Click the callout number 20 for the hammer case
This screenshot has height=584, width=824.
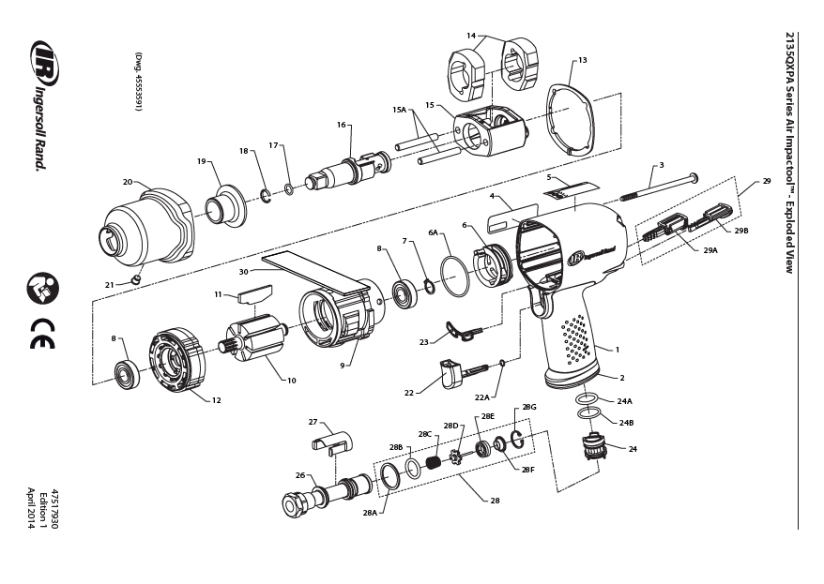click(x=128, y=182)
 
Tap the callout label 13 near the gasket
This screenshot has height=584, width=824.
click(x=582, y=60)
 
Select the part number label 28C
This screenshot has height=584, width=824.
click(x=424, y=434)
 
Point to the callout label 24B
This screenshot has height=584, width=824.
click(x=626, y=423)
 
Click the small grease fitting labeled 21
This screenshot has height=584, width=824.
click(x=136, y=278)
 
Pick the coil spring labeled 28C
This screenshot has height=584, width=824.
click(x=434, y=463)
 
